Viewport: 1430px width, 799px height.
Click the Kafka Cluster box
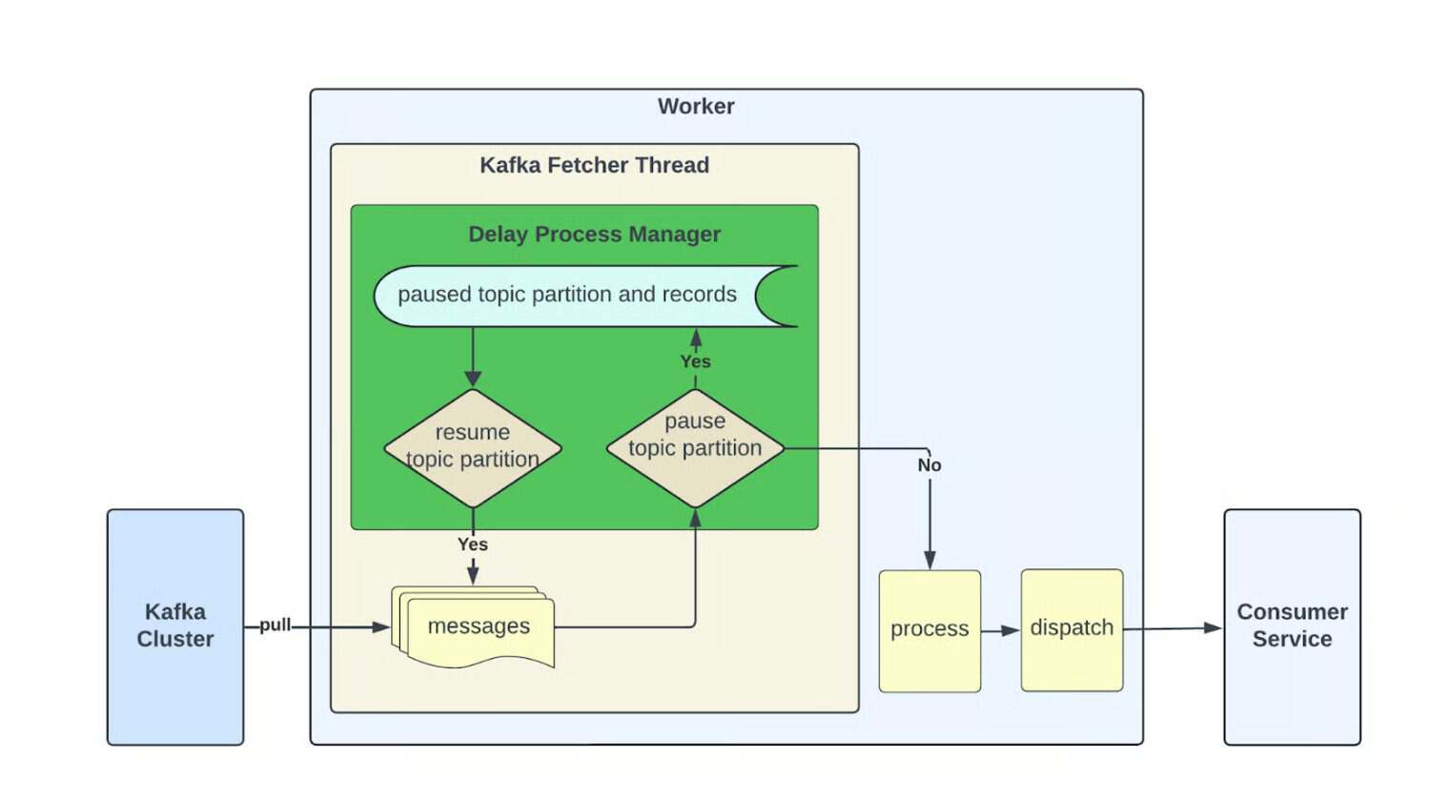[x=175, y=626]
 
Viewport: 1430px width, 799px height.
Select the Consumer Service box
[x=1292, y=626]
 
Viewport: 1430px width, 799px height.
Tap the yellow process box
[x=929, y=630]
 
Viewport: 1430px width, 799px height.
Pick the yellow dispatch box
[x=1072, y=629]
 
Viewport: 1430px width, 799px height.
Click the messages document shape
[x=477, y=626]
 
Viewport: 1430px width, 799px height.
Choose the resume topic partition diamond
[x=473, y=447]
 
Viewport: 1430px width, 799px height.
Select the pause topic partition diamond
[x=695, y=447]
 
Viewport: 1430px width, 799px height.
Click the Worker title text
[x=696, y=107]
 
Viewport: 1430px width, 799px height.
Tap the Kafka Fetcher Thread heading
[x=594, y=165]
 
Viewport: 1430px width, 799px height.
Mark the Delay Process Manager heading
[x=594, y=235]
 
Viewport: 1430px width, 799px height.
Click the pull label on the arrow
[x=275, y=625]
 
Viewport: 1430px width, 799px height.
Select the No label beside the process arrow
[x=929, y=465]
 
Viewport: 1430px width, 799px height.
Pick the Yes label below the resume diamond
[x=473, y=544]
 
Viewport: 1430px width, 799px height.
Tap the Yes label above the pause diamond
[x=695, y=361]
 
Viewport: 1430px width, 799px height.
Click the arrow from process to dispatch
[x=1001, y=630]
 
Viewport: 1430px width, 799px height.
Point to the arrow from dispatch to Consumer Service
[x=1173, y=628]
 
